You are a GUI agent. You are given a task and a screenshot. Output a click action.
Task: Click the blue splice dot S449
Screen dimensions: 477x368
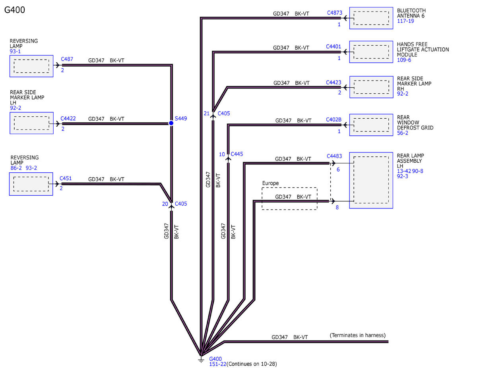[171, 123]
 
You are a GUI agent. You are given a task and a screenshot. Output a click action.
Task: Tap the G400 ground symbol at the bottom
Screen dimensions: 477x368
[201, 360]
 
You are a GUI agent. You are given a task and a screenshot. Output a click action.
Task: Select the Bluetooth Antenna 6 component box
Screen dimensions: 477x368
[371, 18]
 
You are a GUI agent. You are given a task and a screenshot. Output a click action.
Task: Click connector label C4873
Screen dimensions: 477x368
[335, 13]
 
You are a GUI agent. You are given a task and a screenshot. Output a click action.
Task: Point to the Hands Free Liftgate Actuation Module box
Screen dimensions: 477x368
[371, 52]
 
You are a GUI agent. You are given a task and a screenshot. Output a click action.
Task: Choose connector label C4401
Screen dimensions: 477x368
[334, 47]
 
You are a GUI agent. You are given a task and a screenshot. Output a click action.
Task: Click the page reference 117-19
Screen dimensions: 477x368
[405, 21]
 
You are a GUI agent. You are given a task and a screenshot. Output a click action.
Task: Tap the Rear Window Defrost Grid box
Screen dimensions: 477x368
[371, 125]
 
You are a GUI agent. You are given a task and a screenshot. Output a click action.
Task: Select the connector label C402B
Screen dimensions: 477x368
[334, 119]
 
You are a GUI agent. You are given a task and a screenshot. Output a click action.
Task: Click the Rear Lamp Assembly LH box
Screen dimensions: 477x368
[371, 180]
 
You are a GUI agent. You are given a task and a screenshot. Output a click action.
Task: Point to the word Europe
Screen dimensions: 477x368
[270, 183]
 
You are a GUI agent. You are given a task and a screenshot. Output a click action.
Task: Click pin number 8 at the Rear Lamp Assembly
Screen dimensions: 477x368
[337, 207]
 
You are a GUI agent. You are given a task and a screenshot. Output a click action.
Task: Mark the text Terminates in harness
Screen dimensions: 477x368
[358, 335]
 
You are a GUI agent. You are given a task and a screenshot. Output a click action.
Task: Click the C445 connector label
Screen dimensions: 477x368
[237, 154]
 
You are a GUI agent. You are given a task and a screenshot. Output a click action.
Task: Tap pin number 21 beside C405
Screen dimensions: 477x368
[207, 114]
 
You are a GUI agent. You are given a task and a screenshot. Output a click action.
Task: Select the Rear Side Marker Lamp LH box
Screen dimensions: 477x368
[32, 123]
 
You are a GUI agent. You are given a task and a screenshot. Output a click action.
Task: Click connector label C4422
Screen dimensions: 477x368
[68, 119]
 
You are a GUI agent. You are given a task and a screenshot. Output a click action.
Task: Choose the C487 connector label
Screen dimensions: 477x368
[67, 59]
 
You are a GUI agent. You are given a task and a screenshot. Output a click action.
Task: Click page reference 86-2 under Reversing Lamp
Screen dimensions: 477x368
[16, 168]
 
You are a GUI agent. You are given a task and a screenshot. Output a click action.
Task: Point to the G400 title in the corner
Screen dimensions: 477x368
[14, 10]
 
